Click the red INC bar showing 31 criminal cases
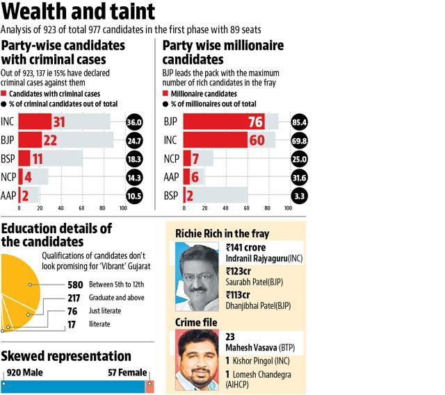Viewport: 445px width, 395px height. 35,121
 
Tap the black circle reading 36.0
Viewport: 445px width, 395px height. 134,122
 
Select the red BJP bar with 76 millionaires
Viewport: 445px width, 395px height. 224,121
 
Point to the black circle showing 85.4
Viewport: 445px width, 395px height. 299,122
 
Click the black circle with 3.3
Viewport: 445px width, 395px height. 300,196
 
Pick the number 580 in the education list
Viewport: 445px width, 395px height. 75,285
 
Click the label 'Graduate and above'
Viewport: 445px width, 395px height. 116,298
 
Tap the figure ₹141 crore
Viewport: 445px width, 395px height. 245,247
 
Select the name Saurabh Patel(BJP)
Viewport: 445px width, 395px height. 254,282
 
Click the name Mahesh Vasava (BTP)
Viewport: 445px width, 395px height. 260,347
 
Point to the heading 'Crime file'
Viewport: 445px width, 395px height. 196,322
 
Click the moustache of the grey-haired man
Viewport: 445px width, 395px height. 198,290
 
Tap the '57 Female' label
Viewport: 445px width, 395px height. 127,372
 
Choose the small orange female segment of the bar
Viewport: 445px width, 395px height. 149,387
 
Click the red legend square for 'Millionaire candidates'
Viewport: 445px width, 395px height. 165,93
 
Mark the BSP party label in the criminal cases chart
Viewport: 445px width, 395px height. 8,159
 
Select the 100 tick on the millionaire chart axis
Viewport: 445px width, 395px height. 288,208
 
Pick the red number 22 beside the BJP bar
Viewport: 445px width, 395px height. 50,140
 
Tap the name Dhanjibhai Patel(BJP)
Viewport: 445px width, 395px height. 258,305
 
